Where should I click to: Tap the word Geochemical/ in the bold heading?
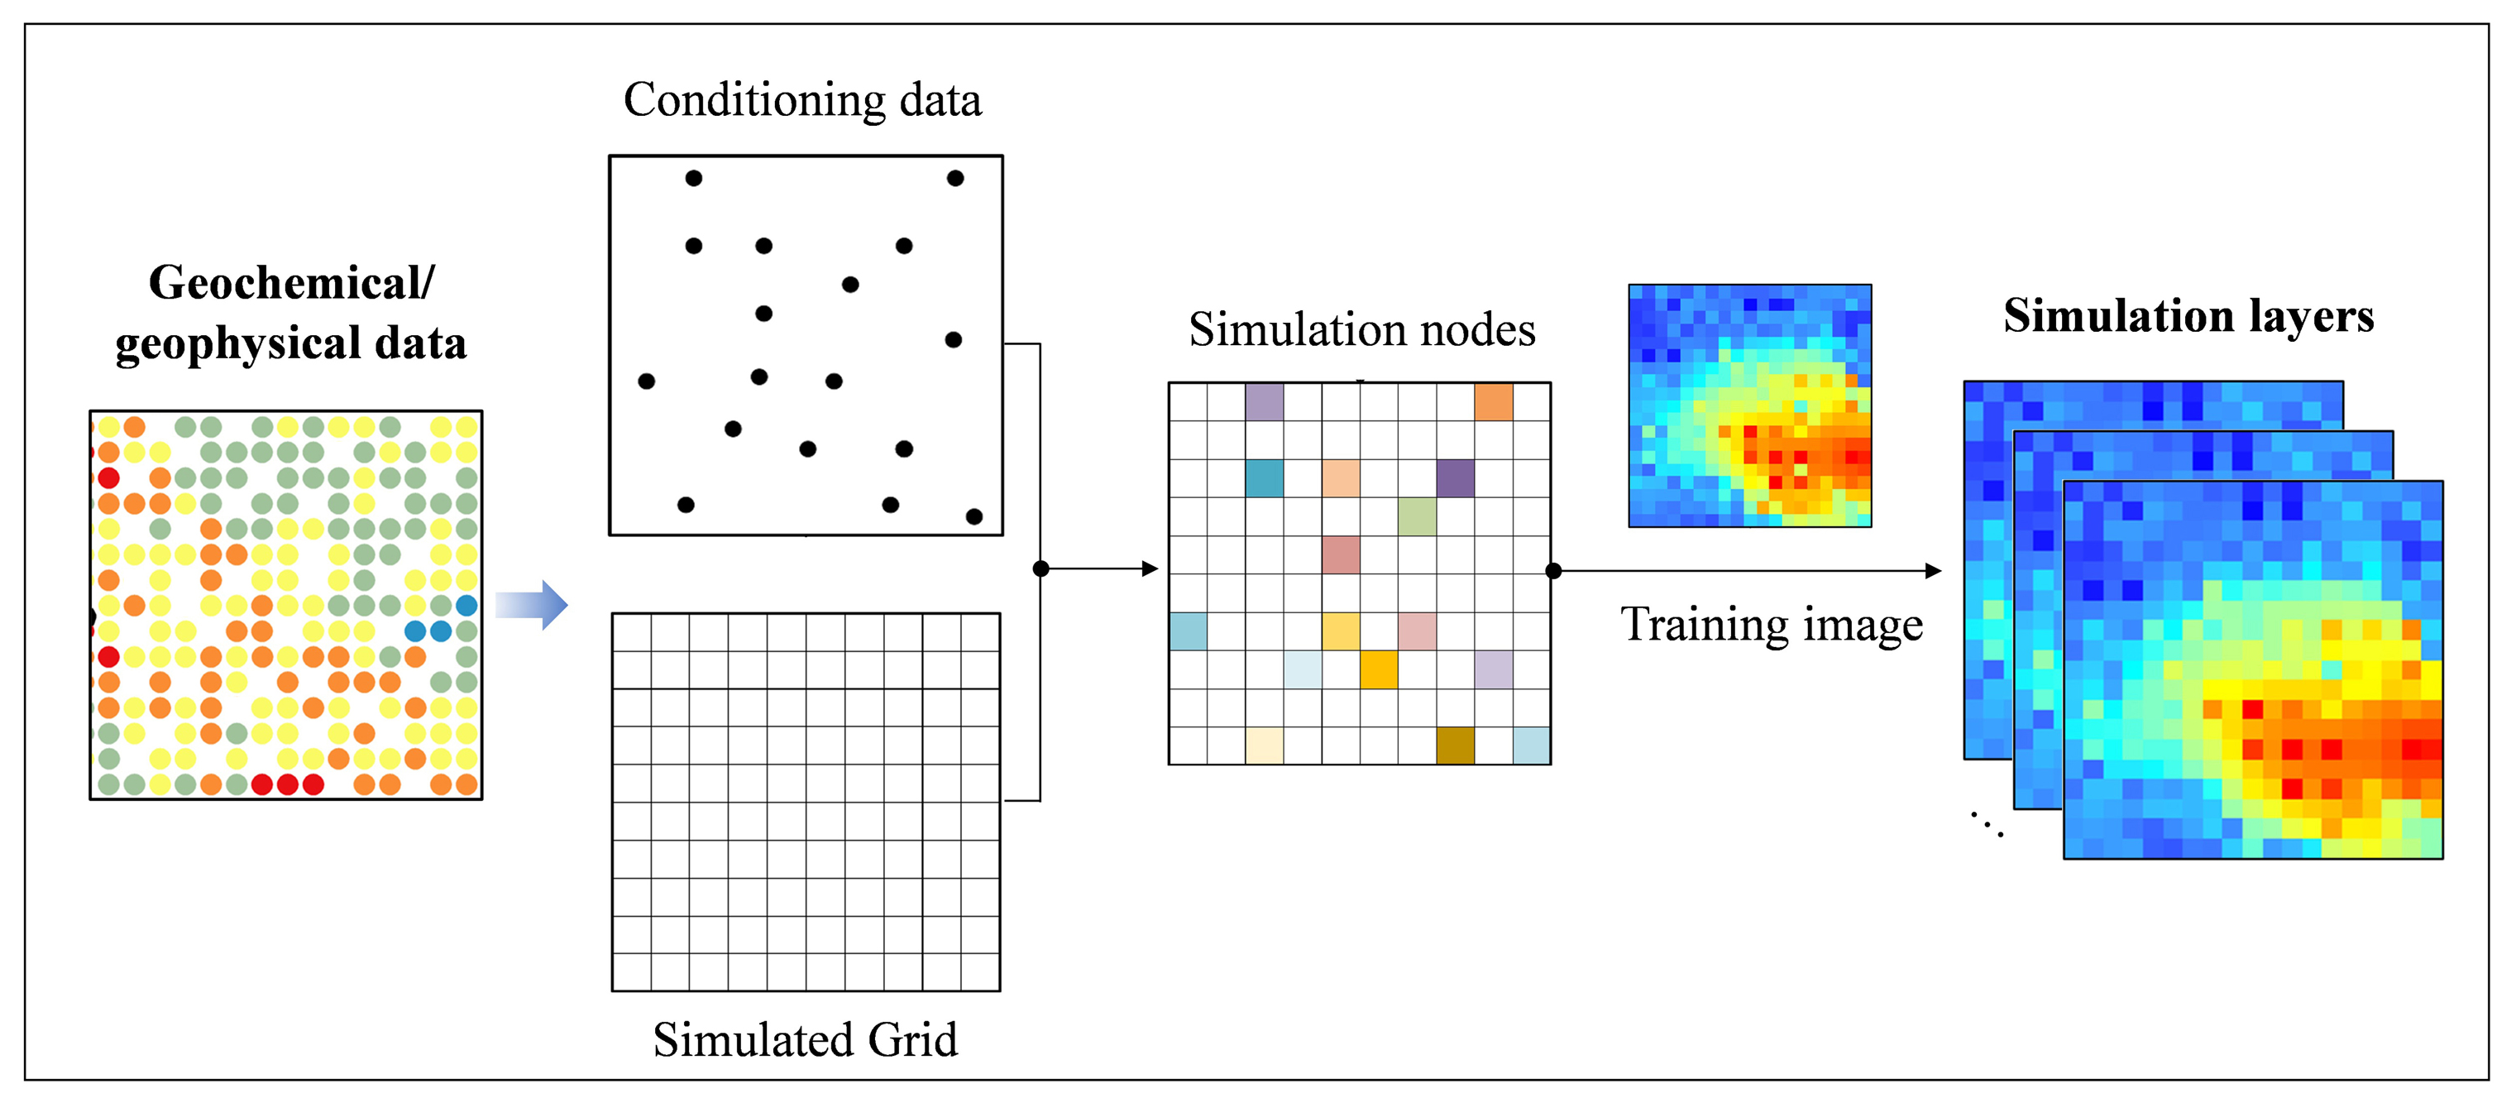pyautogui.click(x=291, y=283)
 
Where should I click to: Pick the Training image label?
pyautogui.click(x=1772, y=626)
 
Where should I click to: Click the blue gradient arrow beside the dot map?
pyautogui.click(x=531, y=605)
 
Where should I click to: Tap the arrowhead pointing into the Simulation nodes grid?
pyautogui.click(x=1150, y=568)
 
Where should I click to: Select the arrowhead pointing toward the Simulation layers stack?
pyautogui.click(x=1933, y=571)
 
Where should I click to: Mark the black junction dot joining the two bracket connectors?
pyautogui.click(x=1041, y=568)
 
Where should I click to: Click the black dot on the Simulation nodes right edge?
pyautogui.click(x=1553, y=571)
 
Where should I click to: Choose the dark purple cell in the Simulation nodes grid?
pyautogui.click(x=1456, y=477)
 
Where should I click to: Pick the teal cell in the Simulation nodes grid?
pyautogui.click(x=1265, y=477)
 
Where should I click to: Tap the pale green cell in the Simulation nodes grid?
pyautogui.click(x=1417, y=516)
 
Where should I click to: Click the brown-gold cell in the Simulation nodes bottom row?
pyautogui.click(x=1456, y=746)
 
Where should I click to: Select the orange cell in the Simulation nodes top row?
pyautogui.click(x=1494, y=401)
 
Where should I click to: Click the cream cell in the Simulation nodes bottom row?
pyautogui.click(x=1265, y=746)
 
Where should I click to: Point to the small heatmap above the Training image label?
pyautogui.click(x=1750, y=405)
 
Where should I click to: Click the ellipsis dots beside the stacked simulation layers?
pyautogui.click(x=1987, y=823)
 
